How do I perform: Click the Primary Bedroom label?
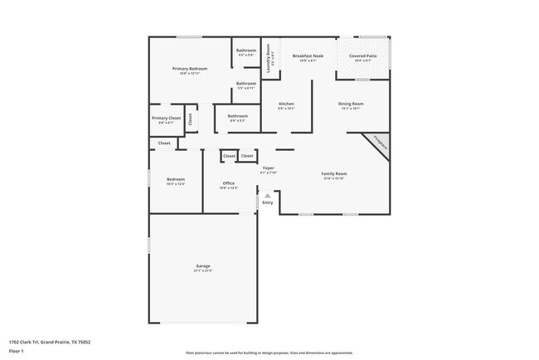[x=189, y=68]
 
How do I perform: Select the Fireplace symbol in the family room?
[x=380, y=142]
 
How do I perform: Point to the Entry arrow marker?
[x=267, y=196]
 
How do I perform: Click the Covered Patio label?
[x=364, y=56]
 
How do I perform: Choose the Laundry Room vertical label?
[x=269, y=60]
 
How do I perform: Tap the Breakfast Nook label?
[x=308, y=56]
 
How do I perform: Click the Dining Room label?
[x=351, y=104]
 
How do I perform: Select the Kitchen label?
[x=286, y=104]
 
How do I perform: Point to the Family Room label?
[x=333, y=173]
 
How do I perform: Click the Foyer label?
[x=268, y=168]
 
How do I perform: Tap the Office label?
[x=228, y=183]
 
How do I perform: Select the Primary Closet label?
[x=166, y=118]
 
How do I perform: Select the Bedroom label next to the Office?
[x=175, y=179]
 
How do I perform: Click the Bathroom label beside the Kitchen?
[x=238, y=115]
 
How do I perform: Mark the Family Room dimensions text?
[x=333, y=178]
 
